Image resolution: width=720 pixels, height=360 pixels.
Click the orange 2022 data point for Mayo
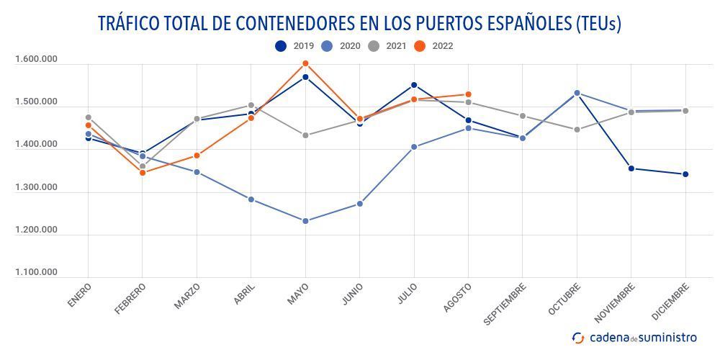click(x=305, y=63)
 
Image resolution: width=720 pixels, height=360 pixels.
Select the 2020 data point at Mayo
click(x=305, y=221)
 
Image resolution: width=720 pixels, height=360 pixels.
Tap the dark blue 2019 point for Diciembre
click(x=685, y=174)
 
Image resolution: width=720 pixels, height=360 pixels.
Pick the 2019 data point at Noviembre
click(x=631, y=168)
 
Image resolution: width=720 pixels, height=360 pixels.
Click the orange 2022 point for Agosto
click(x=468, y=94)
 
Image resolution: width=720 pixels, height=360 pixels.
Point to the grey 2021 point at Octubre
click(x=577, y=130)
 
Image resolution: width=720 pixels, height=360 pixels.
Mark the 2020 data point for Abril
click(x=251, y=199)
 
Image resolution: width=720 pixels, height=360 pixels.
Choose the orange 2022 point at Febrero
click(x=143, y=173)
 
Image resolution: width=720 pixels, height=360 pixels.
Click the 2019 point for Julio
click(x=414, y=85)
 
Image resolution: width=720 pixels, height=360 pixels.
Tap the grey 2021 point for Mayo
click(x=305, y=135)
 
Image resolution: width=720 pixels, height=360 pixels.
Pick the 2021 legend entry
click(x=387, y=46)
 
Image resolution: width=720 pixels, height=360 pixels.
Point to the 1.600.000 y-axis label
click(x=36, y=60)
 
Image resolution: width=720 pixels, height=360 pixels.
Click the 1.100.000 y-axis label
click(x=36, y=273)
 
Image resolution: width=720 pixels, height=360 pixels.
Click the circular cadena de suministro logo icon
click(x=578, y=337)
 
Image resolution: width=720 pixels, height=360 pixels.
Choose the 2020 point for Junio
click(x=360, y=204)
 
